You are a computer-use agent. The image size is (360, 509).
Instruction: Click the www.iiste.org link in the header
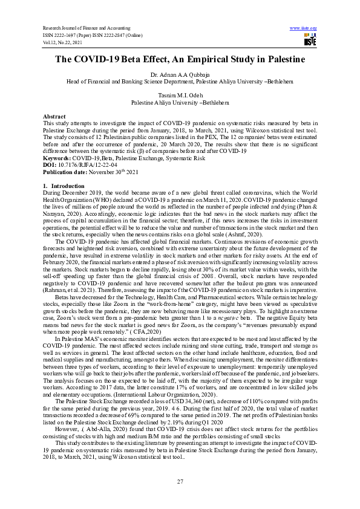tap(304, 28)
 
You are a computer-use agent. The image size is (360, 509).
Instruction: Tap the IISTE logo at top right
tap(310, 41)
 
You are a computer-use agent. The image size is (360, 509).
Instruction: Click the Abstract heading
tap(54, 115)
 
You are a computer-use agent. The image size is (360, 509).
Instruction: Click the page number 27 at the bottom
tap(180, 481)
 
